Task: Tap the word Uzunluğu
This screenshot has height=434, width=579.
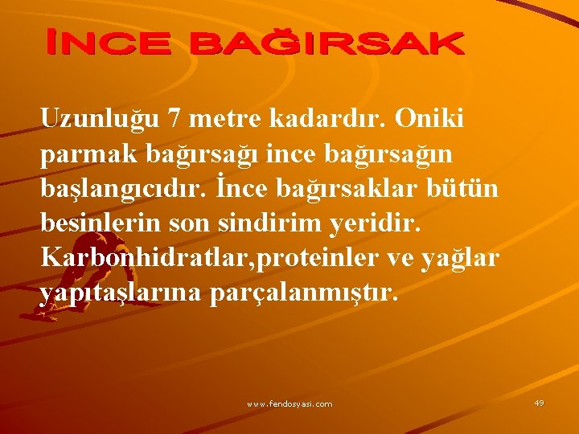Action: (100, 120)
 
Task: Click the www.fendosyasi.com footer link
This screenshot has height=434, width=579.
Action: (289, 403)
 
